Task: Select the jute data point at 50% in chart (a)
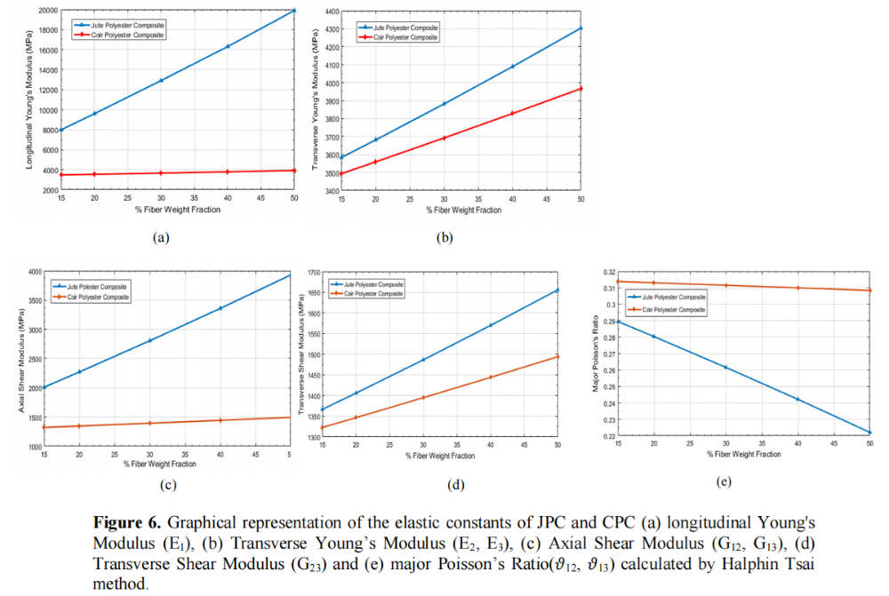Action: [295, 11]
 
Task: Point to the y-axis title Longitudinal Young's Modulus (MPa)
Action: [29, 99]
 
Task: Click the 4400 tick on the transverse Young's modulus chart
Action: [329, 12]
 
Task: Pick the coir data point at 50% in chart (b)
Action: [581, 88]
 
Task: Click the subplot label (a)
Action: [161, 237]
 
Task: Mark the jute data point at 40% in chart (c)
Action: [220, 308]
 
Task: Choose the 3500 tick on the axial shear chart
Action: [34, 302]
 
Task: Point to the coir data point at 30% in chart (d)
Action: [423, 397]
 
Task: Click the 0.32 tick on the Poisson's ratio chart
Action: [607, 271]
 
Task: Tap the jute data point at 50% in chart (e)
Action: [869, 433]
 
